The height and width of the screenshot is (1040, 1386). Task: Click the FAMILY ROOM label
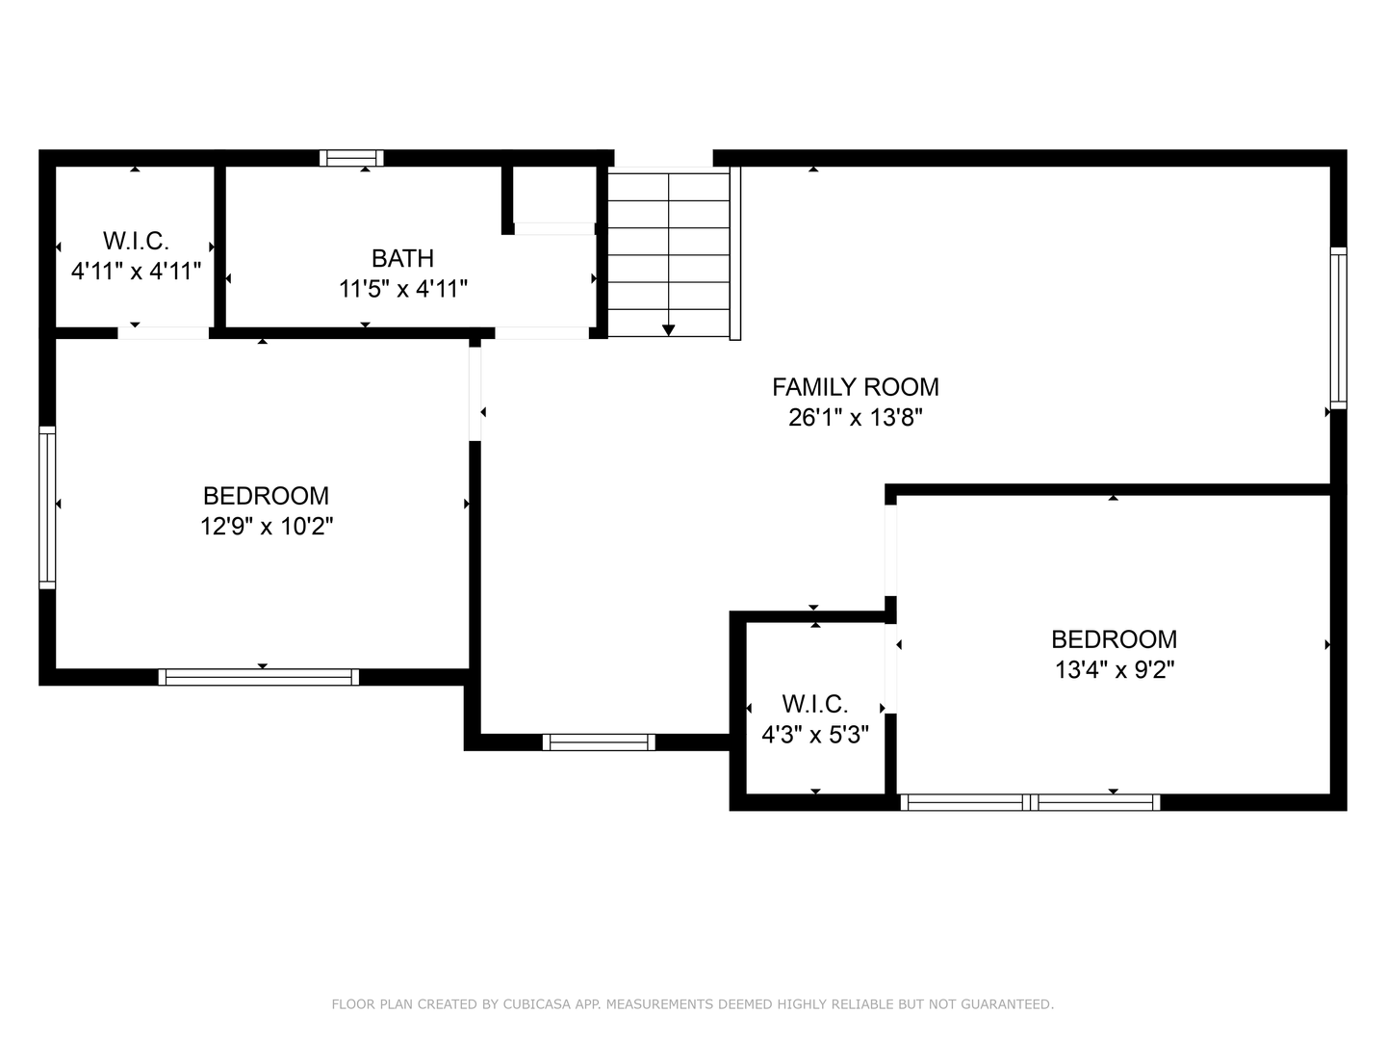pos(855,387)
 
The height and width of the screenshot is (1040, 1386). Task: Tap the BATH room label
pos(402,258)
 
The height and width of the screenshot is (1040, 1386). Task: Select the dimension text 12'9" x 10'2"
pos(267,527)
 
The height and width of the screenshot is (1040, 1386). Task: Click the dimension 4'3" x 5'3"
pos(815,736)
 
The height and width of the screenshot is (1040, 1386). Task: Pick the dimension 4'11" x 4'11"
pos(136,272)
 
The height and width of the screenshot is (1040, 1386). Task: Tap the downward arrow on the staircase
pos(669,329)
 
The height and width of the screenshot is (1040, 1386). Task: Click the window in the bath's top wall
pos(351,158)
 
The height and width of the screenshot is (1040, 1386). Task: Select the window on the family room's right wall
pos(1338,327)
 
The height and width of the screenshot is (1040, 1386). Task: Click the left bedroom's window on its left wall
pos(47,507)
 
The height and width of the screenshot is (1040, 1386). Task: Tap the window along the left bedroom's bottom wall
pos(259,677)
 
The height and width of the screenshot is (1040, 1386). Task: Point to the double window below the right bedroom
pos(1030,802)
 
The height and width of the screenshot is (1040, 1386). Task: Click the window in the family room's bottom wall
pos(599,741)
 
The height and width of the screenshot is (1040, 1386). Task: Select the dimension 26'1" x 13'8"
pos(855,418)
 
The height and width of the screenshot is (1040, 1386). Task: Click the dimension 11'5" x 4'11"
pos(402,289)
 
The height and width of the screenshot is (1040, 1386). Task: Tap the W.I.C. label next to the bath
pos(136,241)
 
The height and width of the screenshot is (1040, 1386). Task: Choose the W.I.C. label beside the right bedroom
pos(815,704)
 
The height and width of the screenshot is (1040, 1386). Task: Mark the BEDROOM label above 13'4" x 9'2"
pos(1114,639)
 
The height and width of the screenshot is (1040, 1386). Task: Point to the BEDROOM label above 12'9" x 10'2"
pos(267,496)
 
